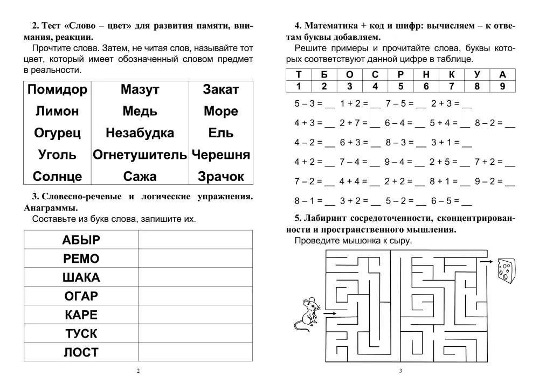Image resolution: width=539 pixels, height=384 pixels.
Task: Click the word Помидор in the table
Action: (x=57, y=90)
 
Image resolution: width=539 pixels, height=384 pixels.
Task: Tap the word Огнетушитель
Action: (x=139, y=155)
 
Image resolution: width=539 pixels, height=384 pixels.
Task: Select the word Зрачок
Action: (x=221, y=177)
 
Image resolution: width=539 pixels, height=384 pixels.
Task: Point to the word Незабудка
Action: (x=140, y=133)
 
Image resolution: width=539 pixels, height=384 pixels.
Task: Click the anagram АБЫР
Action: (x=81, y=240)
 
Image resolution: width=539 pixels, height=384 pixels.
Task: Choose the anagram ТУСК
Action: (x=81, y=334)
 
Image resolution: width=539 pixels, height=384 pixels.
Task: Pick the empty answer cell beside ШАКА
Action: (x=195, y=277)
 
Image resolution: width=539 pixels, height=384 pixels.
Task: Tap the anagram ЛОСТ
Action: (x=81, y=353)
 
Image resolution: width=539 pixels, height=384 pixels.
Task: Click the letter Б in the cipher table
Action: (x=324, y=75)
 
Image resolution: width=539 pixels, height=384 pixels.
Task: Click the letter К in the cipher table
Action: (x=452, y=75)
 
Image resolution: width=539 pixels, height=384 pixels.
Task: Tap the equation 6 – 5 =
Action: (x=445, y=201)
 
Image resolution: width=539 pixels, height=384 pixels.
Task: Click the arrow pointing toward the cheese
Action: (x=486, y=262)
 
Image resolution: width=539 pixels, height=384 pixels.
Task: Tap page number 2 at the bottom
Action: (x=138, y=371)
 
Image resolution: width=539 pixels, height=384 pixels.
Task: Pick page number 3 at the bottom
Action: (x=400, y=371)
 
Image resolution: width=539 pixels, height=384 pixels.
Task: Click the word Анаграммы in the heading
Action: (x=51, y=207)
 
